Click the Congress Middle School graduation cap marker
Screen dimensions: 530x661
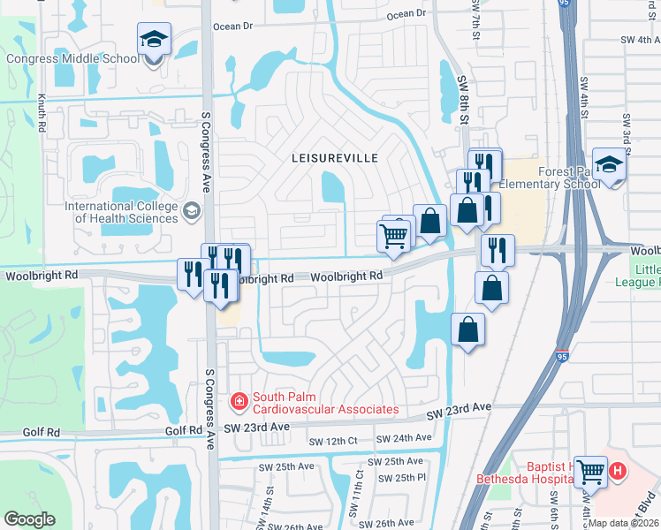[154, 40]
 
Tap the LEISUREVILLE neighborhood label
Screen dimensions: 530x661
[335, 157]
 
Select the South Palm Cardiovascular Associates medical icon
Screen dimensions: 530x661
[238, 403]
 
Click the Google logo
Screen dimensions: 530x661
[29, 519]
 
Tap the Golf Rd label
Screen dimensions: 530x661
[183, 431]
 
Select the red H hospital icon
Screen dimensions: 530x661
[618, 472]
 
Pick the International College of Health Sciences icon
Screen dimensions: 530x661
[191, 211]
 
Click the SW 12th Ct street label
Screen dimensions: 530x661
[332, 441]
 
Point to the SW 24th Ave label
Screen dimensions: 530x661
[404, 438]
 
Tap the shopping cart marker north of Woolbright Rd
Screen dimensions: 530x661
[393, 235]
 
